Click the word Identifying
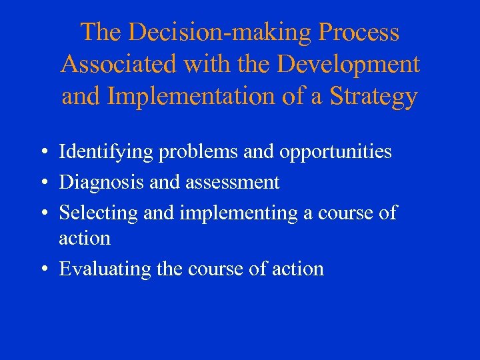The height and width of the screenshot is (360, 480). coord(106,152)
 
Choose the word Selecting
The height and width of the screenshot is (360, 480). coord(98,213)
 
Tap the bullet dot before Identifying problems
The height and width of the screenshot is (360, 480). coord(42,153)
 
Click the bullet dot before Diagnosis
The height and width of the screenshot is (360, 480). coord(42,183)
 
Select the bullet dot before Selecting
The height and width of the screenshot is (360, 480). coord(42,213)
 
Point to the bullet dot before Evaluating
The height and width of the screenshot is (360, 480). coord(42,269)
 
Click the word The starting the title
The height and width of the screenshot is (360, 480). coord(99,32)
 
